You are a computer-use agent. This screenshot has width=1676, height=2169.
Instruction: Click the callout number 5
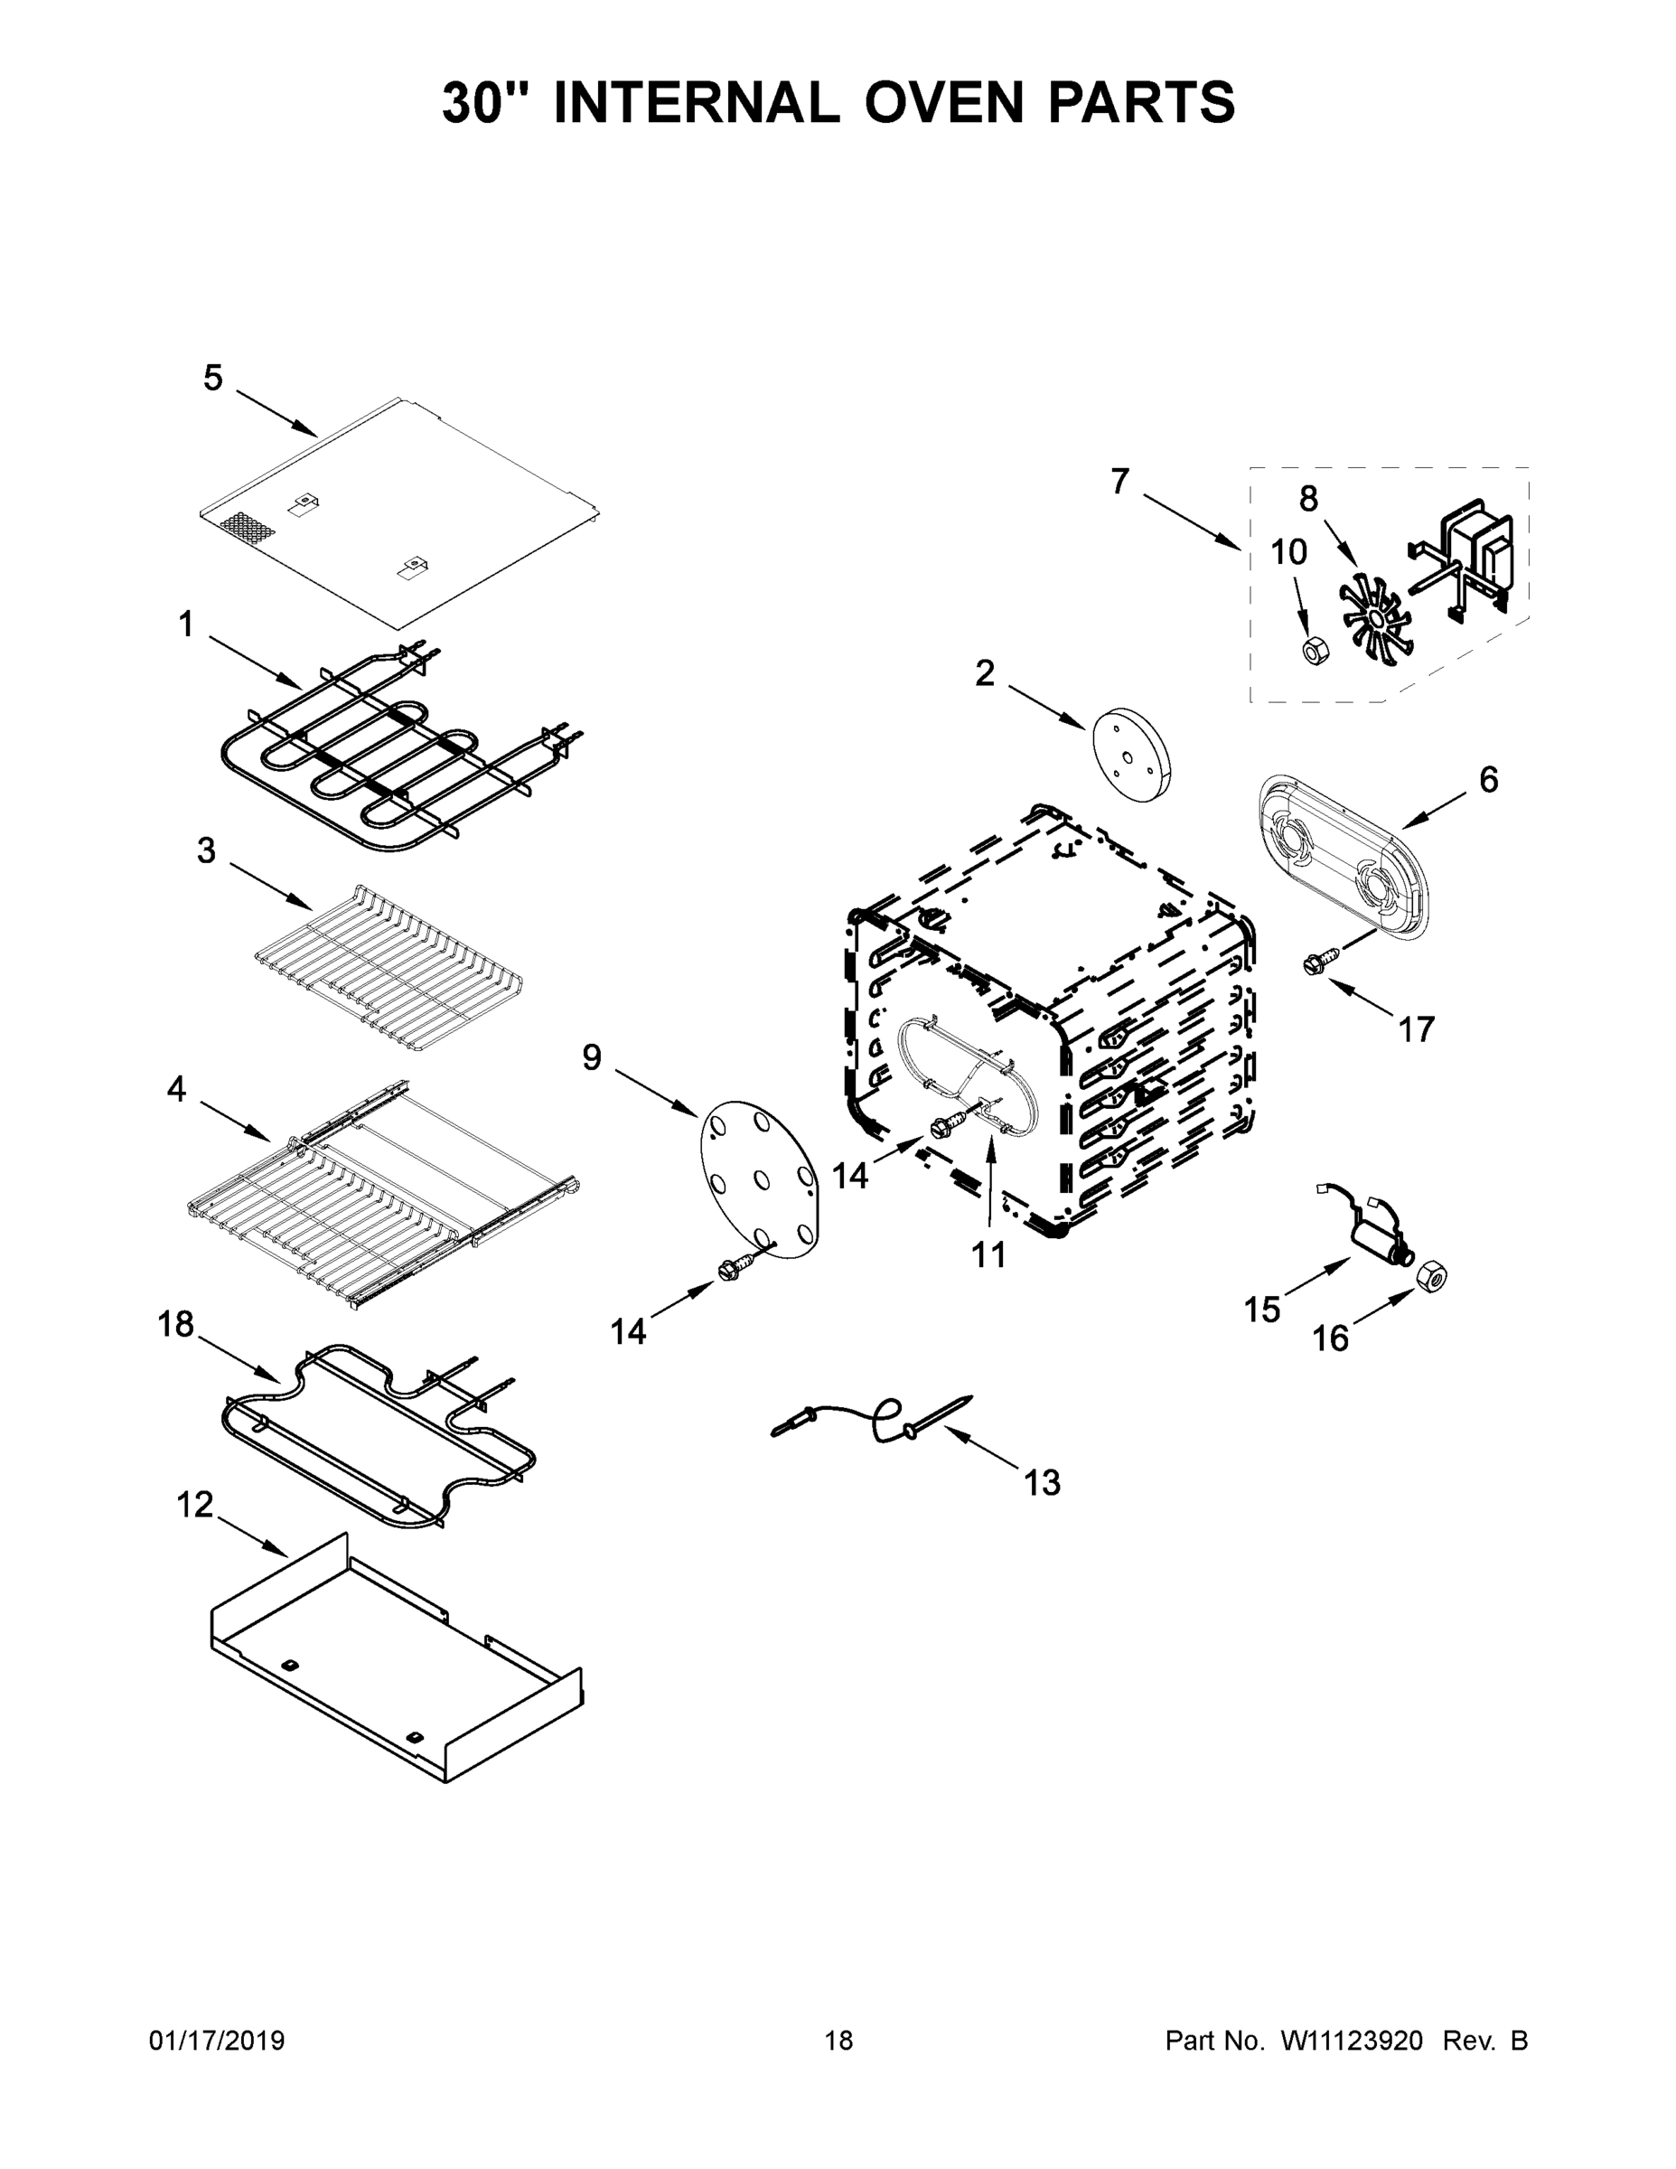tap(212, 379)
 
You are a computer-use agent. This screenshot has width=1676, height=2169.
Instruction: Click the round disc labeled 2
tap(1131, 755)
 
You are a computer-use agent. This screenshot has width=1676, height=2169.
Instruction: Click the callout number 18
tap(176, 1324)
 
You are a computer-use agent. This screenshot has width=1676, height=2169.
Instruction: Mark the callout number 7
tap(1120, 482)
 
